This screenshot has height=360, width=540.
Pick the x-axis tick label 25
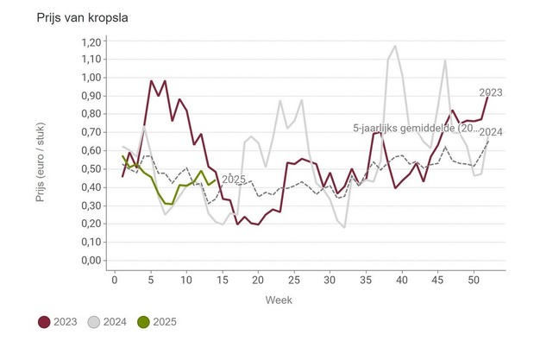pyautogui.click(x=294, y=280)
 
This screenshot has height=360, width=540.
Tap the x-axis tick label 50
pyautogui.click(x=474, y=280)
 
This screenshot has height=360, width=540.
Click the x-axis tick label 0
pyautogui.click(x=115, y=280)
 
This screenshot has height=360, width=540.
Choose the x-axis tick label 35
pyautogui.click(x=366, y=280)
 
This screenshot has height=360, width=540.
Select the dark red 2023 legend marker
pyautogui.click(x=44, y=322)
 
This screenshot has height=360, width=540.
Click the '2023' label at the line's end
pyautogui.click(x=490, y=93)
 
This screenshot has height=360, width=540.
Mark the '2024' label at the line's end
pyautogui.click(x=490, y=132)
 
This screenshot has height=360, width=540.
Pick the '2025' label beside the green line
pyautogui.click(x=234, y=180)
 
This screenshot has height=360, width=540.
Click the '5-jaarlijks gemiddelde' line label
pyautogui.click(x=415, y=129)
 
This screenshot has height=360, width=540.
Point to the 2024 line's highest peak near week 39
pyautogui.click(x=395, y=47)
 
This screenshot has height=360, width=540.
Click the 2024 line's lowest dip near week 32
pyautogui.click(x=344, y=227)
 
